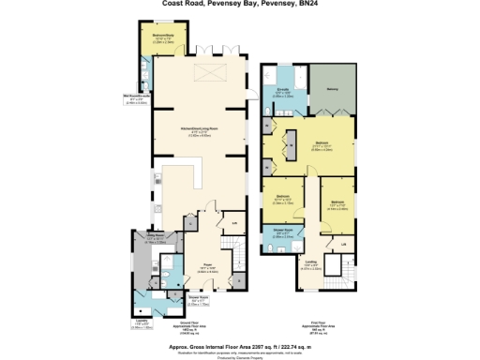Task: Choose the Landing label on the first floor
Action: coord(310,263)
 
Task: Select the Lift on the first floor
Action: coord(344,245)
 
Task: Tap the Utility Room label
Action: coord(156,239)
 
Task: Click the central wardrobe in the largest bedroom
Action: coord(291,142)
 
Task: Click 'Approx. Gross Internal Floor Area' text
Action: coord(239,343)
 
